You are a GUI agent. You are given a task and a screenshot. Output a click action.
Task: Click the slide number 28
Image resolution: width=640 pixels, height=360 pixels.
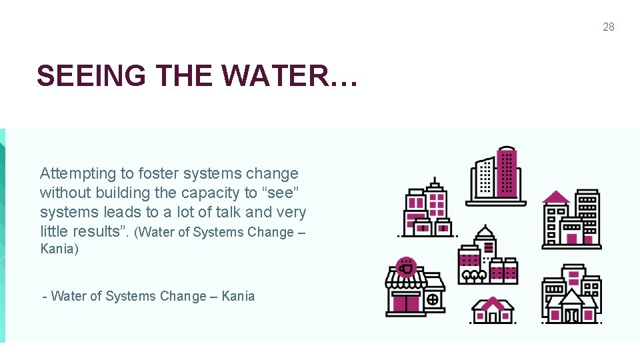(x=608, y=27)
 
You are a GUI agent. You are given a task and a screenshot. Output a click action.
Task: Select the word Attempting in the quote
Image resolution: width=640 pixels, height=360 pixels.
(x=78, y=174)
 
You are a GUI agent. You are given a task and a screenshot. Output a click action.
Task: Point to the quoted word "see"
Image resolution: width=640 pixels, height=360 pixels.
(x=282, y=193)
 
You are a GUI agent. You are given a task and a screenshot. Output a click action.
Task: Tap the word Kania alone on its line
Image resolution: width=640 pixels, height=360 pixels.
(x=59, y=249)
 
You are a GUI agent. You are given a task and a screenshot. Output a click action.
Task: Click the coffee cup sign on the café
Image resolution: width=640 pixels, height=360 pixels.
(x=405, y=268)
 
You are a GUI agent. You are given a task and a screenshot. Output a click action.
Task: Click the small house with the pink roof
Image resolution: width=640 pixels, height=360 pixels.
(x=493, y=310)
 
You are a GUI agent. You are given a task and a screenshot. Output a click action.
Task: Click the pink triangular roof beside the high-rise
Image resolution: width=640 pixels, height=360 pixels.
(x=556, y=197)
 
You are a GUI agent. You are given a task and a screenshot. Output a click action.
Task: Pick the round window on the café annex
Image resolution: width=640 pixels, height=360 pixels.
(x=433, y=300)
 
